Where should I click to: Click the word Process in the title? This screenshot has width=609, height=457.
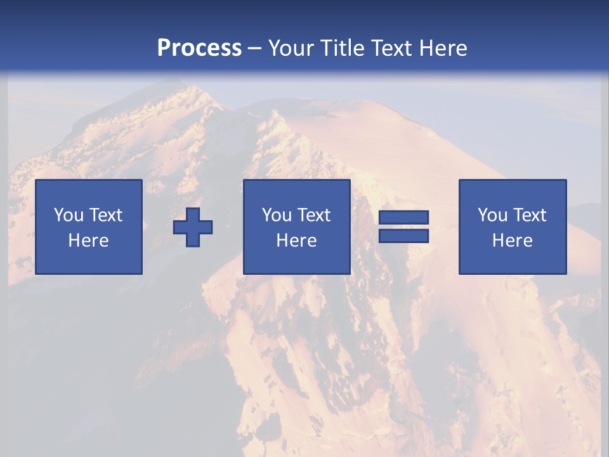pyautogui.click(x=199, y=48)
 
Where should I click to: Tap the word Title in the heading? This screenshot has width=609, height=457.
pyautogui.click(x=345, y=48)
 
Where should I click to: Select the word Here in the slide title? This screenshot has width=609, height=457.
pyautogui.click(x=442, y=48)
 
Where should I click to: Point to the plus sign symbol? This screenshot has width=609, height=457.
pyautogui.click(x=193, y=227)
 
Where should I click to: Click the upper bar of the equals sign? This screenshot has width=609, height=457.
pyautogui.click(x=403, y=218)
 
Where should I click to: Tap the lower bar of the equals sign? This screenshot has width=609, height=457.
pyautogui.click(x=403, y=236)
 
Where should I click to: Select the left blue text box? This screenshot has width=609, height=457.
pyautogui.click(x=89, y=227)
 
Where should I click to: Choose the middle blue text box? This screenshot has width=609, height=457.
pyautogui.click(x=296, y=227)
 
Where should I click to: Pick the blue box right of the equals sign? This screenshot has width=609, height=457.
pyautogui.click(x=513, y=227)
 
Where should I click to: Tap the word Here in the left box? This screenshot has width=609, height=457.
pyautogui.click(x=89, y=241)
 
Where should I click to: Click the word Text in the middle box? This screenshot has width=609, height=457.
pyautogui.click(x=313, y=215)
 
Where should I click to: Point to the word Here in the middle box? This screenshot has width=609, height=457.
pyautogui.click(x=296, y=241)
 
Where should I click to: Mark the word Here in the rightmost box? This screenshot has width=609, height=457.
pyautogui.click(x=513, y=241)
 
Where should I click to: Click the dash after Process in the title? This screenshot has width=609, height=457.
pyautogui.click(x=254, y=48)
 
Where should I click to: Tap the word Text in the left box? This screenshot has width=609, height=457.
pyautogui.click(x=105, y=215)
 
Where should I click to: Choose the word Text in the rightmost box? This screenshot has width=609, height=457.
pyautogui.click(x=529, y=215)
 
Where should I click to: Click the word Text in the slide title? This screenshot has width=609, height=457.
pyautogui.click(x=393, y=48)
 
